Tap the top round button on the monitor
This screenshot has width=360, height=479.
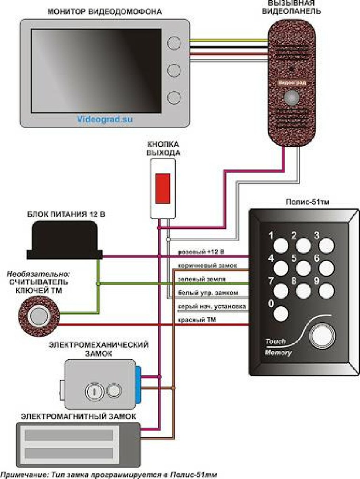pyautogui.click(x=174, y=43)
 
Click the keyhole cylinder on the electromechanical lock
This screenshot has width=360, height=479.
pyautogui.click(x=93, y=391)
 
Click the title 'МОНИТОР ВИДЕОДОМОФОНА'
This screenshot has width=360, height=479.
pyautogui.click(x=104, y=12)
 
